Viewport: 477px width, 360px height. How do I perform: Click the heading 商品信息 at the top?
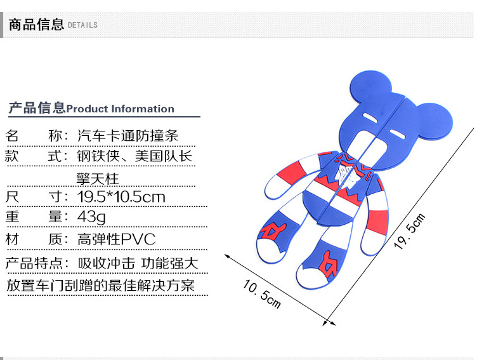coord(36,24)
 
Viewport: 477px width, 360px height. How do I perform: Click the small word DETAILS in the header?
coord(82,25)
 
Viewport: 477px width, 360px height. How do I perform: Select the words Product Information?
coord(120,109)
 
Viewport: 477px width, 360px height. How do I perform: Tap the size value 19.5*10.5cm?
coord(121,197)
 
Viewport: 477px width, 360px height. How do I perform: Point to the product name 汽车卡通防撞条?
coord(127,135)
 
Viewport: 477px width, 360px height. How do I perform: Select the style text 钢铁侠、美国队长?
coord(135,156)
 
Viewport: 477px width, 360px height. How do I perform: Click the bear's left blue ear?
coord(370,87)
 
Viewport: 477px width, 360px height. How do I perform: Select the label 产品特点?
coord(36,263)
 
